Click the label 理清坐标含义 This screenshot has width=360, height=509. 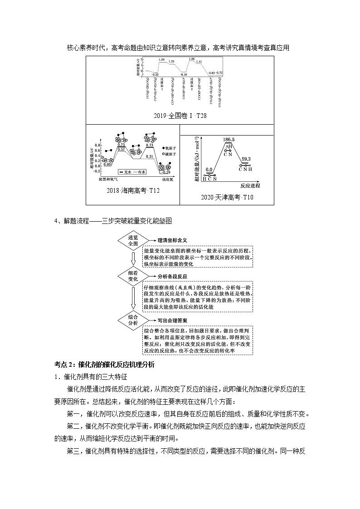172,240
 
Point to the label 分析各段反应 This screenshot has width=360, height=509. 172,276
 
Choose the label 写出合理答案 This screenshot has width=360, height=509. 172,320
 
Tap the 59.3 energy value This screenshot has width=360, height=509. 246,159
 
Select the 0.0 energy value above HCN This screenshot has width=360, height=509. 209,170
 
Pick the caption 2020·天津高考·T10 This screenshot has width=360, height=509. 227,197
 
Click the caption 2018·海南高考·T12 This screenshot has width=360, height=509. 133,190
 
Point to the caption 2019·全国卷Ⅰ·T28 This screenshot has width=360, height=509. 180,116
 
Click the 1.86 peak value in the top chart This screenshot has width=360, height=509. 191,59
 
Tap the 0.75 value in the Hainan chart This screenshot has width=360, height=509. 121,144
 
